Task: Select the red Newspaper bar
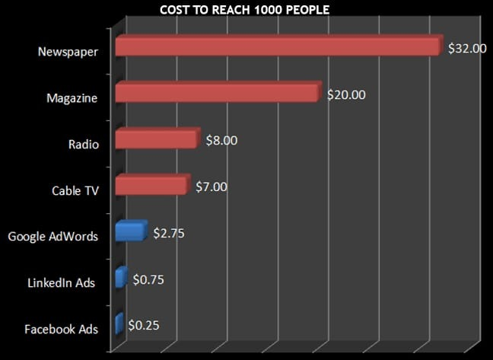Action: [278, 47]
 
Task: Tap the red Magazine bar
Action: [216, 93]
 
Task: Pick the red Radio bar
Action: [156, 140]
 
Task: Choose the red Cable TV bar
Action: [151, 185]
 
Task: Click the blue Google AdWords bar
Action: [129, 231]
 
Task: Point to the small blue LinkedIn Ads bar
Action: [120, 278]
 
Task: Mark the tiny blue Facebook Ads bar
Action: [118, 324]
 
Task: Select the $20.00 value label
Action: [346, 94]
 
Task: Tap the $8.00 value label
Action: [221, 140]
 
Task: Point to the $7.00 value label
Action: [211, 186]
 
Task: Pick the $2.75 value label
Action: [169, 232]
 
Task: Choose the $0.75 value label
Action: [148, 279]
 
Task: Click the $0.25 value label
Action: [144, 326]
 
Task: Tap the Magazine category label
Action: [72, 98]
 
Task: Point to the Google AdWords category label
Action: [53, 237]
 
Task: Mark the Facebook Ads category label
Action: [60, 330]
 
